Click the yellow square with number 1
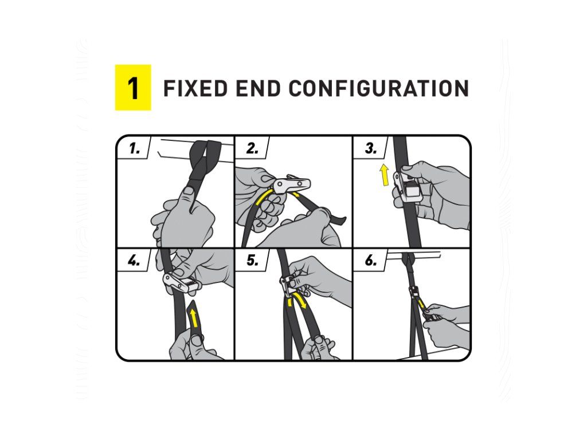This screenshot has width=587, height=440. click(133, 88)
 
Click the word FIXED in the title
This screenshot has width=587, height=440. click(195, 88)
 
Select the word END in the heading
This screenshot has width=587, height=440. click(258, 88)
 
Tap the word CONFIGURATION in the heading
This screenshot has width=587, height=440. click(379, 88)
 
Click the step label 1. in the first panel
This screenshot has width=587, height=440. click(134, 148)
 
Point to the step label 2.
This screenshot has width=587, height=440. click(252, 148)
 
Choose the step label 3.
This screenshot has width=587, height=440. click(371, 148)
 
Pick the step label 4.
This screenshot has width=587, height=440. click(134, 261)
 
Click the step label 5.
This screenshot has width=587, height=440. click(252, 261)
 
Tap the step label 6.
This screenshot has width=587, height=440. click(371, 261)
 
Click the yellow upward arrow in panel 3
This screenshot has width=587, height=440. click(385, 175)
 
